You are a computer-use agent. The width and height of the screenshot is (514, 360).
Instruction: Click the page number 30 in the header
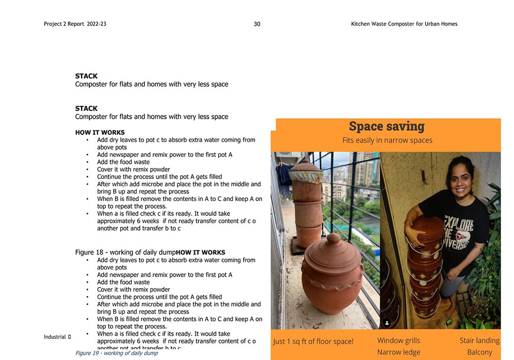pyautogui.click(x=257, y=24)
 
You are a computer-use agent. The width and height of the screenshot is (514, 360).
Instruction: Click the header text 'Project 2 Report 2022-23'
pyautogui.click(x=75, y=24)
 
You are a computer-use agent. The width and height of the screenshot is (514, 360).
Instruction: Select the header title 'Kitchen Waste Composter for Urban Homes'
pyautogui.click(x=404, y=24)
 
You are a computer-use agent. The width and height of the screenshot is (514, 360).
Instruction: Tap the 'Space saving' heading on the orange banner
pyautogui.click(x=387, y=127)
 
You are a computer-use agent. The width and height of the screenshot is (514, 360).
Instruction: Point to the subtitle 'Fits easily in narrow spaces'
pyautogui.click(x=387, y=140)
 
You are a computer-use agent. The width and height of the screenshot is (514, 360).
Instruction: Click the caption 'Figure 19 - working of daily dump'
pyautogui.click(x=117, y=353)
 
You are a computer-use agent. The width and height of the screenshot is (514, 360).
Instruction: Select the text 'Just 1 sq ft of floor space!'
pyautogui.click(x=313, y=341)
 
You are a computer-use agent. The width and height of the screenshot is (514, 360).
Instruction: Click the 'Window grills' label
pyautogui.click(x=398, y=340)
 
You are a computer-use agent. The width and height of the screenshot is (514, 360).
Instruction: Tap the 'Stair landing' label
pyautogui.click(x=479, y=340)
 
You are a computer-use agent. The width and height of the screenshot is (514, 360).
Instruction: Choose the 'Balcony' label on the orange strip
pyautogui.click(x=479, y=352)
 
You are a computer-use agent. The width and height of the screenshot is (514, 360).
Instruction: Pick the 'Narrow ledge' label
pyautogui.click(x=398, y=352)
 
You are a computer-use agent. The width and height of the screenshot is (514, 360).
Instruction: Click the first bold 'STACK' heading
pyautogui.click(x=86, y=76)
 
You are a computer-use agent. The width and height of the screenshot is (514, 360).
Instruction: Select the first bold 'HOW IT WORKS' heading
pyautogui.click(x=100, y=133)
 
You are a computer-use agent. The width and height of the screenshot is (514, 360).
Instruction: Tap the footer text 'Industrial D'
pyautogui.click(x=57, y=337)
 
